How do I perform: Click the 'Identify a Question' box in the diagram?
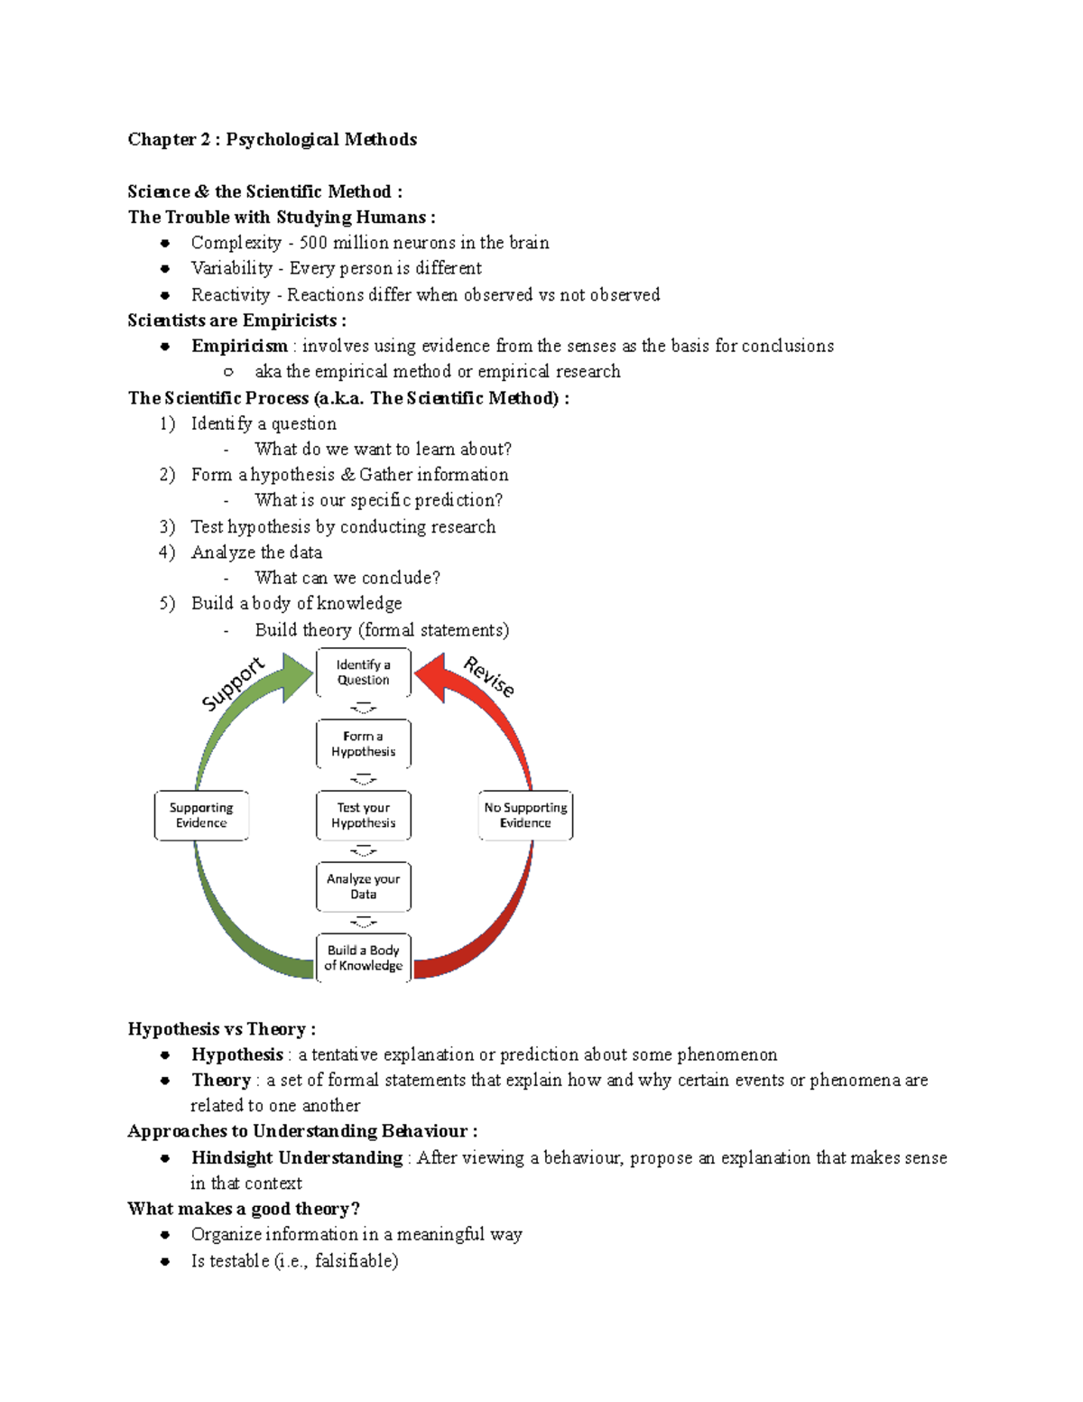[363, 673]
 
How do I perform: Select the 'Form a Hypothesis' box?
[363, 744]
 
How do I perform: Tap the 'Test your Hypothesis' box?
[363, 815]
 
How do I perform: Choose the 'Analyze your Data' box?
[363, 887]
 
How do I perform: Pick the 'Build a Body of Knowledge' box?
[363, 958]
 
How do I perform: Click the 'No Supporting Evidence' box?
[525, 815]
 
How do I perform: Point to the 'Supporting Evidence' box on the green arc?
[201, 815]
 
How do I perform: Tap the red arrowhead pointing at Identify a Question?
[430, 674]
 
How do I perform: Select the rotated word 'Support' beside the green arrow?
[233, 684]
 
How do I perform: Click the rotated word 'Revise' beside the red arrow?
[489, 677]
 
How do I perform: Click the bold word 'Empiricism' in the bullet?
[239, 346]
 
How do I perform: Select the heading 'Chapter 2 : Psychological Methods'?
[272, 139]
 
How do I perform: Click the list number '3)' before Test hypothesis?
[167, 526]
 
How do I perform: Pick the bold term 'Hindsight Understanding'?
[296, 1157]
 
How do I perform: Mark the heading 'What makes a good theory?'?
[243, 1209]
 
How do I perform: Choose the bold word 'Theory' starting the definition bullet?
[221, 1080]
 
